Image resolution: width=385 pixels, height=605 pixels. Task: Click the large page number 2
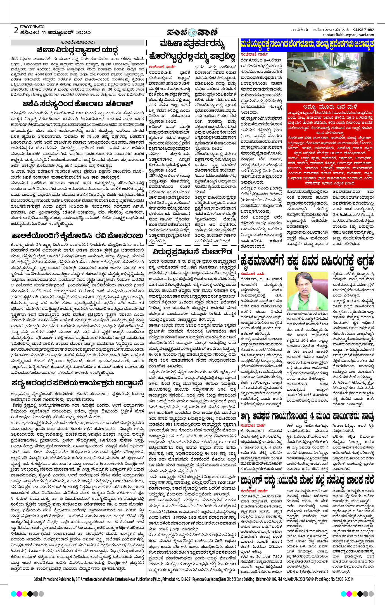click(16, 30)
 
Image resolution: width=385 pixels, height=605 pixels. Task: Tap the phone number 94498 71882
click(363, 30)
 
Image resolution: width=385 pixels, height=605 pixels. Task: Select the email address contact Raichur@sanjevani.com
click(348, 35)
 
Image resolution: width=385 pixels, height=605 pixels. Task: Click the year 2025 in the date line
click(83, 32)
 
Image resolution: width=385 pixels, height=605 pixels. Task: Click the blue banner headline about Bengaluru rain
click(307, 45)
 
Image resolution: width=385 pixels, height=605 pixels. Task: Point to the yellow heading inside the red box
click(330, 106)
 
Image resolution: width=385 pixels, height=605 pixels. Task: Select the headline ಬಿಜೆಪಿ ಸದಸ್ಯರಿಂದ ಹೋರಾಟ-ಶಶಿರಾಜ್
click(78, 104)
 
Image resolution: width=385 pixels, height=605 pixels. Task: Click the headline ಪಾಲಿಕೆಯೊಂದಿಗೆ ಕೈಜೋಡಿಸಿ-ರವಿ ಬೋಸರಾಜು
click(77, 235)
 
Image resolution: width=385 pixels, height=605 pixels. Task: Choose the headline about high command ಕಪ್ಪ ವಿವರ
click(307, 261)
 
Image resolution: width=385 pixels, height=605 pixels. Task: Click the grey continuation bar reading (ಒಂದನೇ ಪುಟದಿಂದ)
click(77, 42)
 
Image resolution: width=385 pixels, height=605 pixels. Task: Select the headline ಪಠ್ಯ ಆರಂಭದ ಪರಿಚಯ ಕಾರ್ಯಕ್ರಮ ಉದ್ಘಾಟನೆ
click(77, 383)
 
